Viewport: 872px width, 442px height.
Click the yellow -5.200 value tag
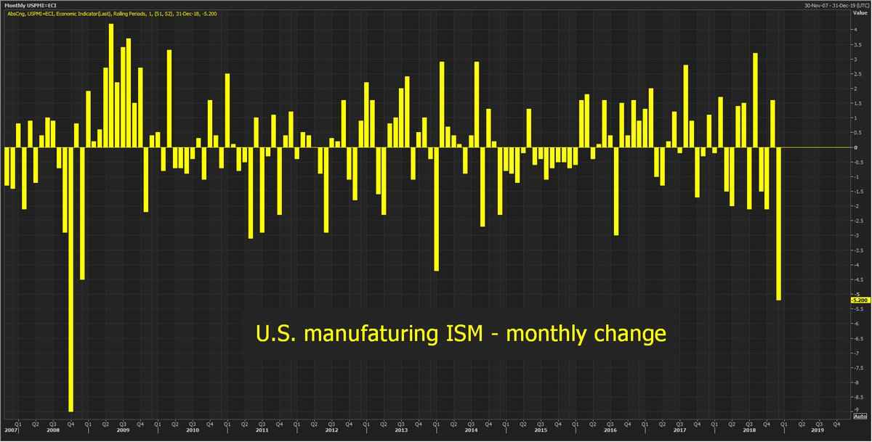858,299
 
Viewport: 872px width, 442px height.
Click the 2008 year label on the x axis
52,430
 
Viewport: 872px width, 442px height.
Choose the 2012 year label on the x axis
332,430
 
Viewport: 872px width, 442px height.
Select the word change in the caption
631,334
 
